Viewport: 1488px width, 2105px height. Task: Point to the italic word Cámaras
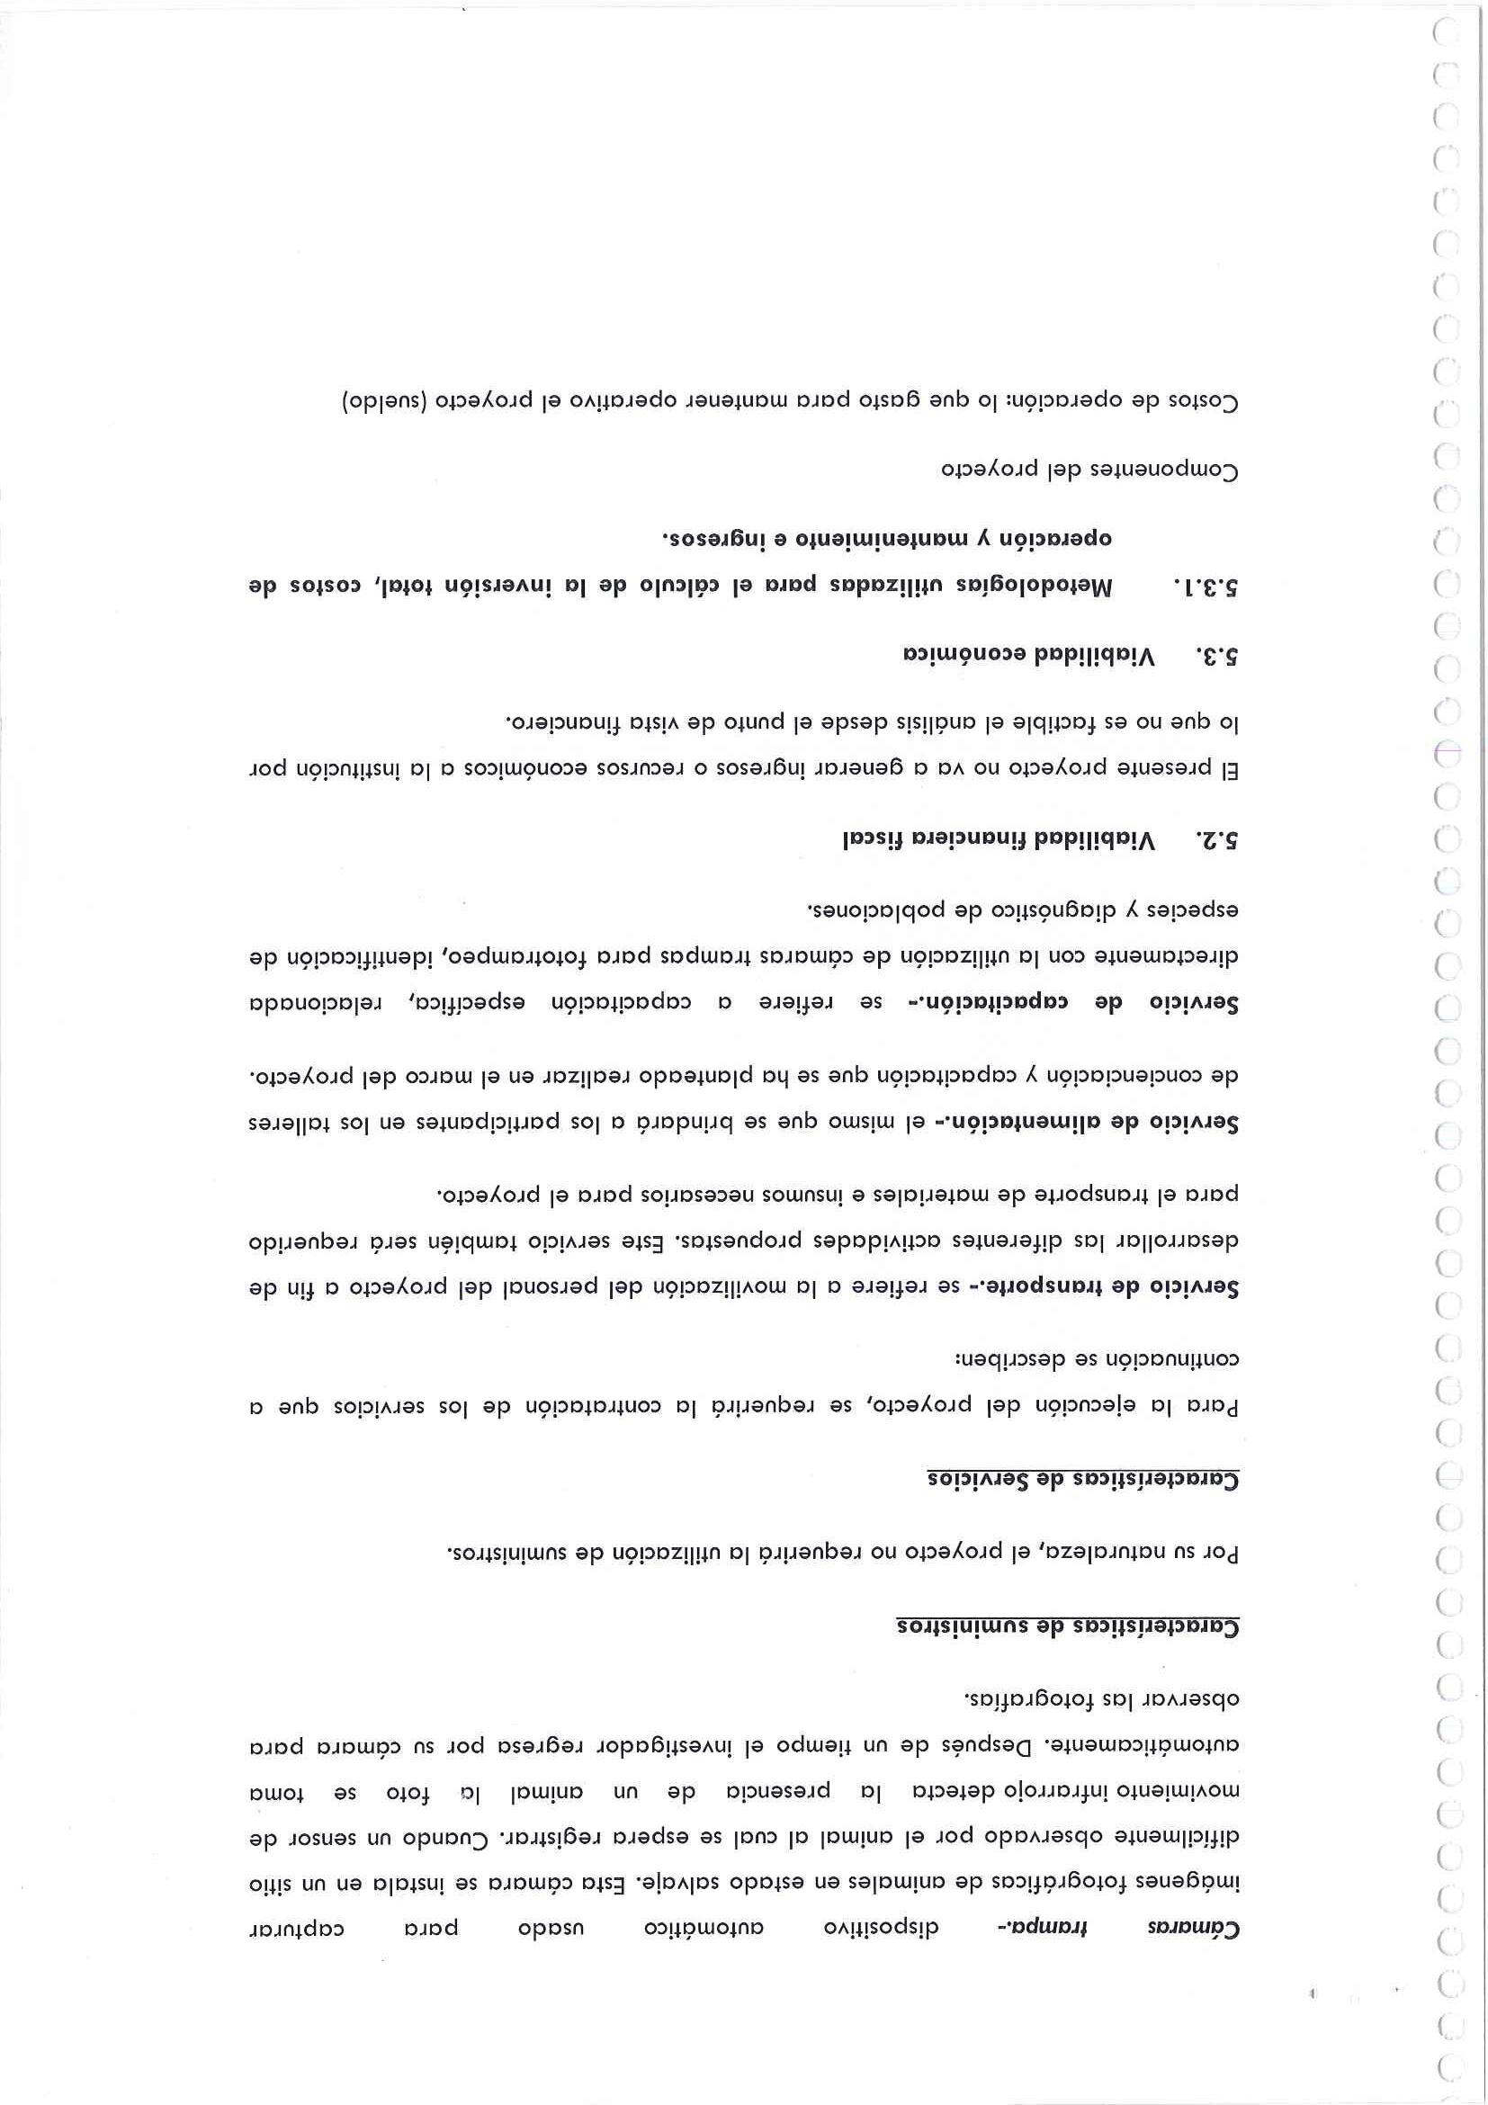click(x=1193, y=1927)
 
